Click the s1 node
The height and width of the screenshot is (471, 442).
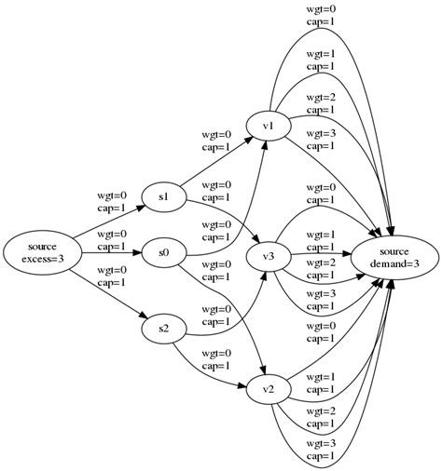tap(163, 196)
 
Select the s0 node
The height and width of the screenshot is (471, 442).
tap(163, 252)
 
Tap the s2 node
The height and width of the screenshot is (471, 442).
tap(163, 329)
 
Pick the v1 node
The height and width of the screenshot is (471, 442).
tap(268, 126)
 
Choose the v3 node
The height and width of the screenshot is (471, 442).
tap(268, 256)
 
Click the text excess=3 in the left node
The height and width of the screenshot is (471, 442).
tap(43, 259)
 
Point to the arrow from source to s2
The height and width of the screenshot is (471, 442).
tap(107, 293)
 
